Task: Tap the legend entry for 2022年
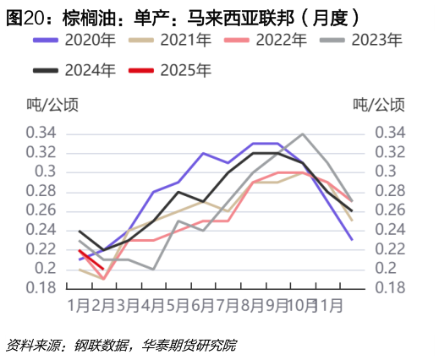[280, 40]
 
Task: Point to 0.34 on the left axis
[41, 134]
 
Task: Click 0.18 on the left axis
[41, 288]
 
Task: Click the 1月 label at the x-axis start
[79, 303]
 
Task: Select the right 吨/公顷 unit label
[378, 105]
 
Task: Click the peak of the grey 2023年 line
[302, 134]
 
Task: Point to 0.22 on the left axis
[41, 249]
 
